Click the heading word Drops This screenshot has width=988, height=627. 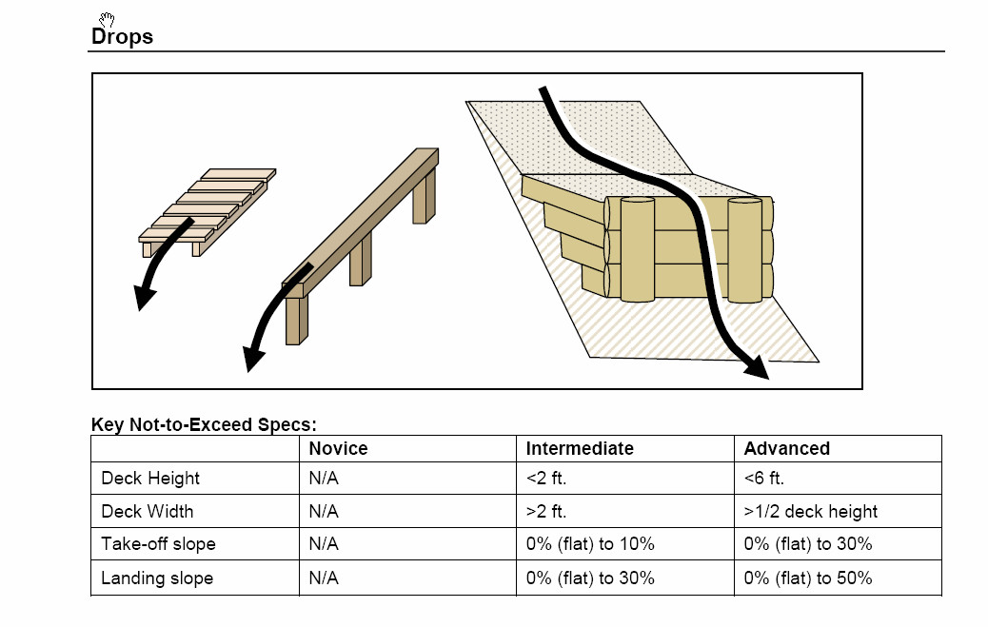pos(122,37)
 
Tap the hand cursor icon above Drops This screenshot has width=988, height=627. pos(107,19)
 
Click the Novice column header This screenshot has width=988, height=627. pos(338,448)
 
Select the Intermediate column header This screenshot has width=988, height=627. pos(580,448)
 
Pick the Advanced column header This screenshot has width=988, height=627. pos(786,448)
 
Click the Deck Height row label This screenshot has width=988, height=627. pos(150,479)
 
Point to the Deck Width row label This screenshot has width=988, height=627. pos(147,511)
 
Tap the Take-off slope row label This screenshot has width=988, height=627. pos(158,544)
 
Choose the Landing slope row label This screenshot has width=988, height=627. pos(157,578)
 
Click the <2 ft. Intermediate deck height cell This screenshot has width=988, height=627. pos(546,479)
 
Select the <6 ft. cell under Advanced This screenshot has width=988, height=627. pos(764,479)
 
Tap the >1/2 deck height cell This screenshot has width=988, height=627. pos(811,511)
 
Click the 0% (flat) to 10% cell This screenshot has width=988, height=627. pos(590,544)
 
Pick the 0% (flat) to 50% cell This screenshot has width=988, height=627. pos(808,578)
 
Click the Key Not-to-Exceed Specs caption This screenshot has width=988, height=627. pos(204,424)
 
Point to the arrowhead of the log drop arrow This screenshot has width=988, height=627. pos(757,369)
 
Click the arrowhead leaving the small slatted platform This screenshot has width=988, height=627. pos(144,299)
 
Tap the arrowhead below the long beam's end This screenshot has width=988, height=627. pos(252,360)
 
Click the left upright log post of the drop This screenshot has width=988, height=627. pos(638,249)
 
